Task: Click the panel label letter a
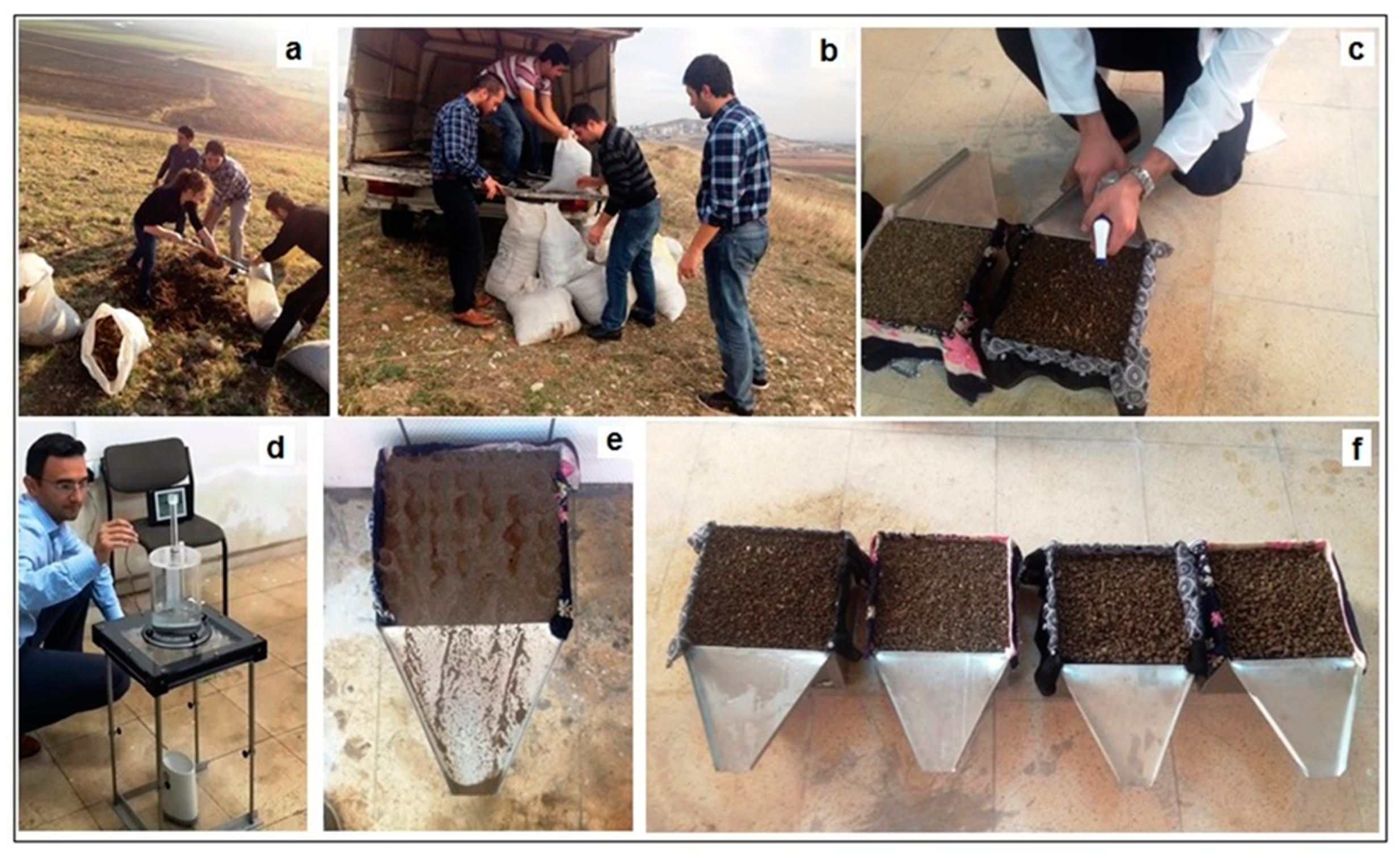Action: click(293, 51)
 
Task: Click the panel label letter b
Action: click(828, 51)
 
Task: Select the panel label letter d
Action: click(276, 447)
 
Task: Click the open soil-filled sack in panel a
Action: click(113, 348)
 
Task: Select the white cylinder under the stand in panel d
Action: click(180, 787)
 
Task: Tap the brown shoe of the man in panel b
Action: click(473, 317)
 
